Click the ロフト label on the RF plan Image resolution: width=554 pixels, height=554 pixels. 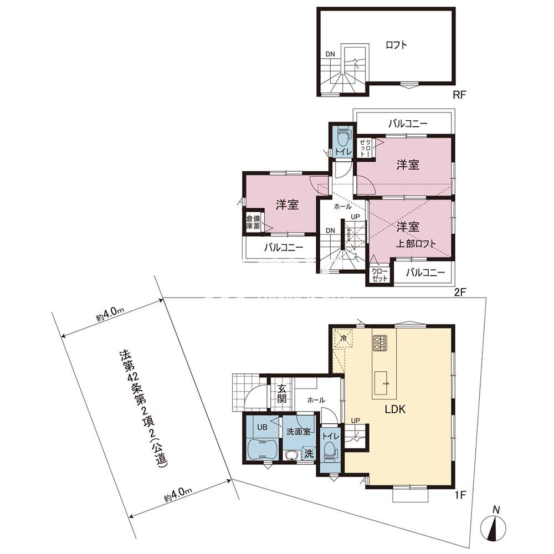[x=396, y=45]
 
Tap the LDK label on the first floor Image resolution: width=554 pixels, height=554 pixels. [x=395, y=409]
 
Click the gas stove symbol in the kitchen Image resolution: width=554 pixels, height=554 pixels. [x=380, y=343]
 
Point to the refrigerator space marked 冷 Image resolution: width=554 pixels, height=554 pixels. [x=343, y=338]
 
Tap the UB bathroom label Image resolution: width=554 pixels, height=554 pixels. [x=262, y=427]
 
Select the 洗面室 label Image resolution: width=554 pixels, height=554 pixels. [x=298, y=432]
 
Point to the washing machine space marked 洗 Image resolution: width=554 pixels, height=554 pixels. [x=309, y=453]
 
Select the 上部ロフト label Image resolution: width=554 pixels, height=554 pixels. [x=416, y=243]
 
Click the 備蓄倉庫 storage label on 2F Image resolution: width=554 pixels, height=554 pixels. [x=253, y=222]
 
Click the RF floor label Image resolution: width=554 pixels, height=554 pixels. [x=460, y=94]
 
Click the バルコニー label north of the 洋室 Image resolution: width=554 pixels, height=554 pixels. [x=408, y=124]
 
